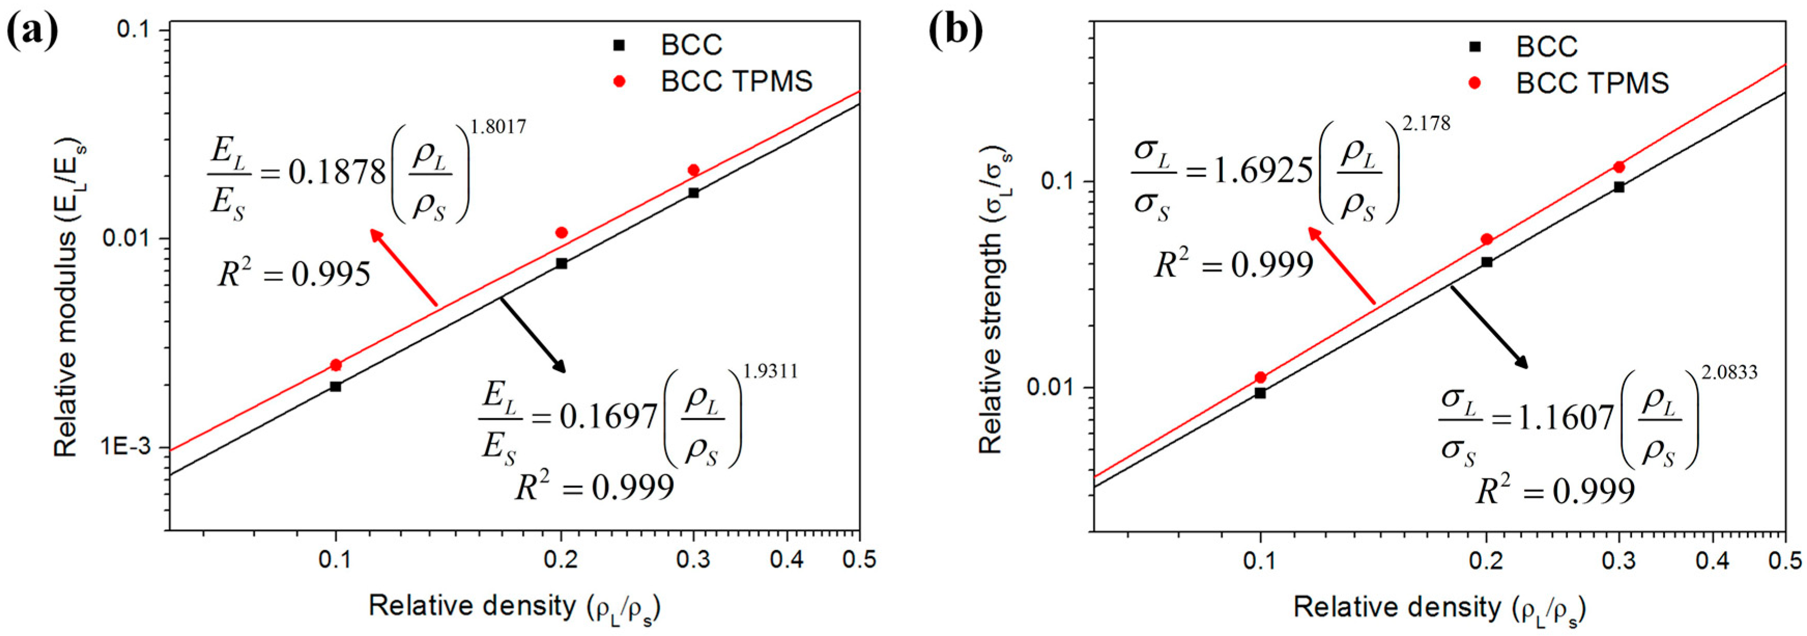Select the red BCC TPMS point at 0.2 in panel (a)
coord(561,232)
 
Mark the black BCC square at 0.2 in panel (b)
coord(1486,262)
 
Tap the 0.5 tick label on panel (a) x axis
coord(859,559)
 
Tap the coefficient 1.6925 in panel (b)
coord(1263,171)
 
